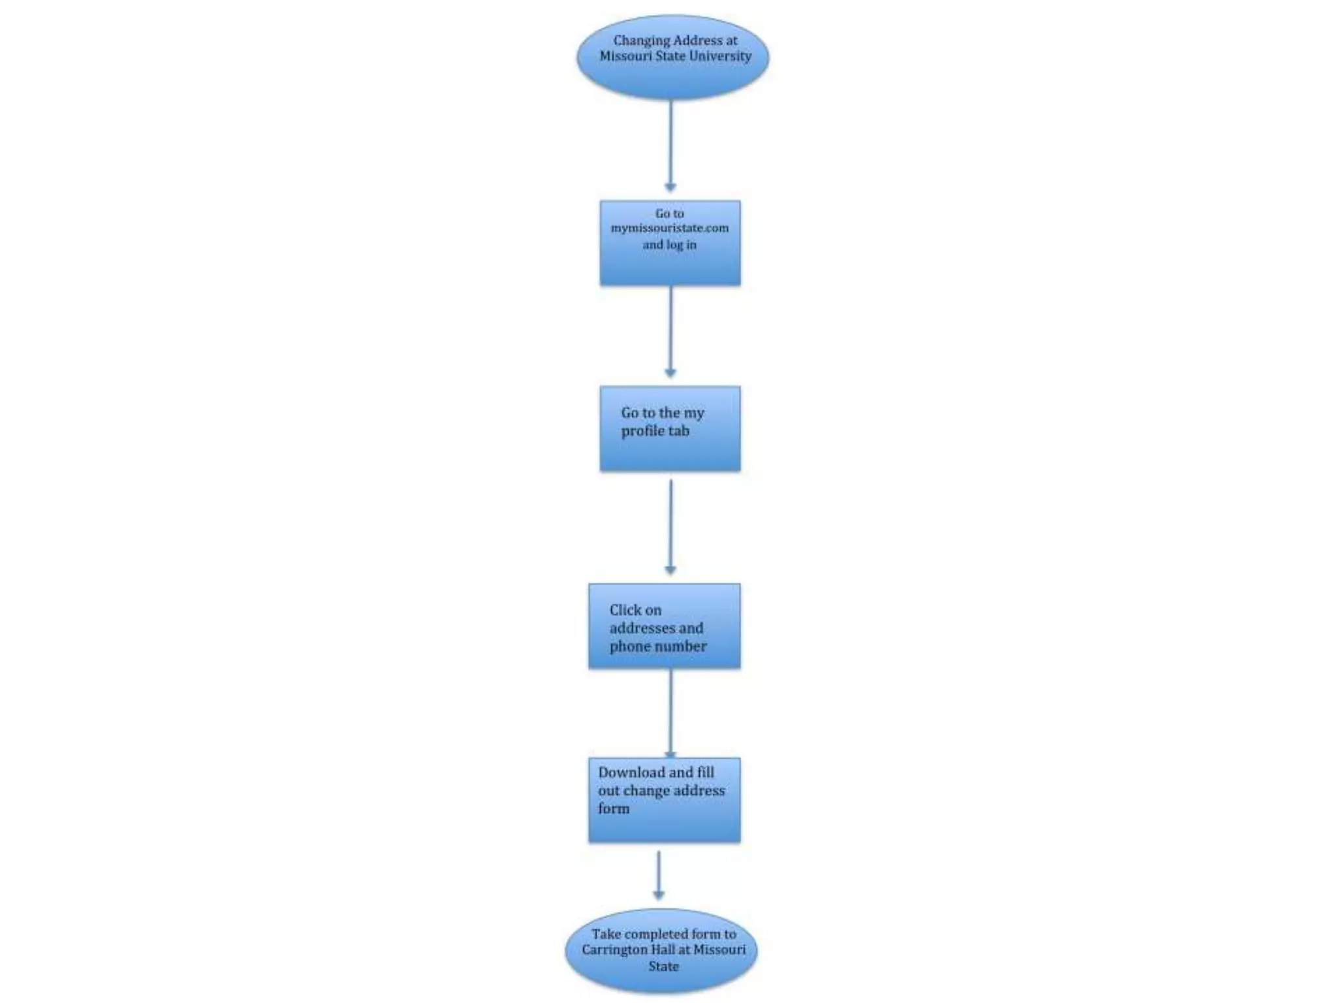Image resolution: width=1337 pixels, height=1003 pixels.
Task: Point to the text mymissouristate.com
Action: pos(669,228)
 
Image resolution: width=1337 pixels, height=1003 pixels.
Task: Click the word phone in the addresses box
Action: pos(628,646)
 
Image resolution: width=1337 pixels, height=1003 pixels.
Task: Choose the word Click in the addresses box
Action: pos(625,610)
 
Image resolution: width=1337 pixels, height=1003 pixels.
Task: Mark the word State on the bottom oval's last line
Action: pos(663,966)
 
